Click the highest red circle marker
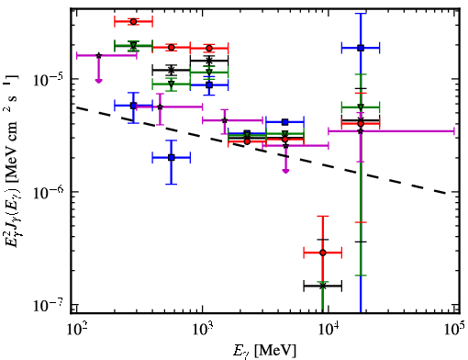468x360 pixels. coord(133,22)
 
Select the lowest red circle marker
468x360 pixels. coord(322,253)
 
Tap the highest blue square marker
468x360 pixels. coord(361,48)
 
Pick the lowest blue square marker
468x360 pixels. coord(172,158)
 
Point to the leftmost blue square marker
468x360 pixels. coord(133,106)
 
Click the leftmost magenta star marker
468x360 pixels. coord(98,55)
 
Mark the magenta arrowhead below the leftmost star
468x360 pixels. coord(98,81)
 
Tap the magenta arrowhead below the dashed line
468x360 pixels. coord(285,171)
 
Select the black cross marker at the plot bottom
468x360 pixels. coord(322,286)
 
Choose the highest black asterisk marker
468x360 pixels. coord(209,61)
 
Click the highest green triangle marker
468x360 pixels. coord(133,46)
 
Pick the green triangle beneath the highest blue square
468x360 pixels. coord(361,107)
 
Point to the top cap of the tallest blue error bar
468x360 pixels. coord(361,14)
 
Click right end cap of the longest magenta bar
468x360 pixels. coord(454,131)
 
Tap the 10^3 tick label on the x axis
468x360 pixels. coord(203,330)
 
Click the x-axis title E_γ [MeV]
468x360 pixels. coord(264,351)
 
